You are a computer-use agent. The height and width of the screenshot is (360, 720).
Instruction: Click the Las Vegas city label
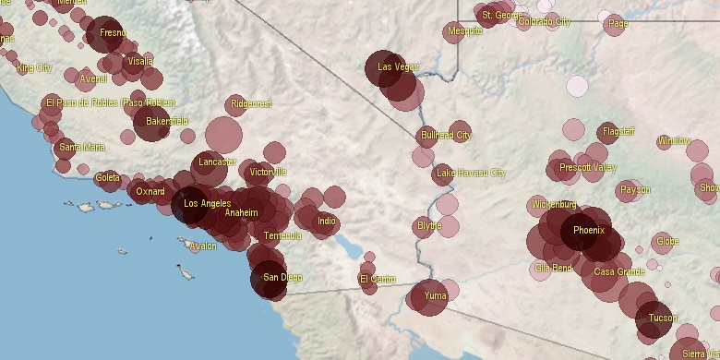[x=398, y=67]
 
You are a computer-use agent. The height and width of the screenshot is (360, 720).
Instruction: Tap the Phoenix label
[x=589, y=231]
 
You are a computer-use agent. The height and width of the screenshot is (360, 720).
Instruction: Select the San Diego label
[x=282, y=277]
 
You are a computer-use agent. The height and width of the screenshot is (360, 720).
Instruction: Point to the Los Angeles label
[x=207, y=203]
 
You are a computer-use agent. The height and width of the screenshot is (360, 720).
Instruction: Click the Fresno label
[x=113, y=33]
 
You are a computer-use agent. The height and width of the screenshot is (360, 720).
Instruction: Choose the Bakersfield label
[x=167, y=121]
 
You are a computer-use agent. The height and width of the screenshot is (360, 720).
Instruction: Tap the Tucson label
[x=662, y=318]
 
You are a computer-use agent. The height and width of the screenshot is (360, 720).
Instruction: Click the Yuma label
[x=435, y=296]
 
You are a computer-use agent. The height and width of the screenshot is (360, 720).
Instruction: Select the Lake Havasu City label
[x=471, y=173]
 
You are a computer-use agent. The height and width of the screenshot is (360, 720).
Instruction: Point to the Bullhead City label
[x=446, y=136]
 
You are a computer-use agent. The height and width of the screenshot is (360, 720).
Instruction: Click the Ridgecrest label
[x=252, y=103]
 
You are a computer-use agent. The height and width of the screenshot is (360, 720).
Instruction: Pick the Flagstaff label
[x=618, y=132]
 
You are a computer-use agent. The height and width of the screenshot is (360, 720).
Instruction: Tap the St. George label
[x=502, y=15]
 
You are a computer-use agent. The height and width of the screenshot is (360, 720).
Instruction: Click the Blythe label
[x=429, y=225]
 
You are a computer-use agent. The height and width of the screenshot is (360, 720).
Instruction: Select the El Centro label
[x=377, y=279]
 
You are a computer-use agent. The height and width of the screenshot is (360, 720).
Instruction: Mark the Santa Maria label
[x=81, y=147]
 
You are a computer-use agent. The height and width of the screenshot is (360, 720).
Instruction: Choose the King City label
[x=34, y=68]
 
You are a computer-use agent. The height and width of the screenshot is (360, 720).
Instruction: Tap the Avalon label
[x=202, y=246]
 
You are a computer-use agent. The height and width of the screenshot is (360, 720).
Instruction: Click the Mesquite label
[x=464, y=30]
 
